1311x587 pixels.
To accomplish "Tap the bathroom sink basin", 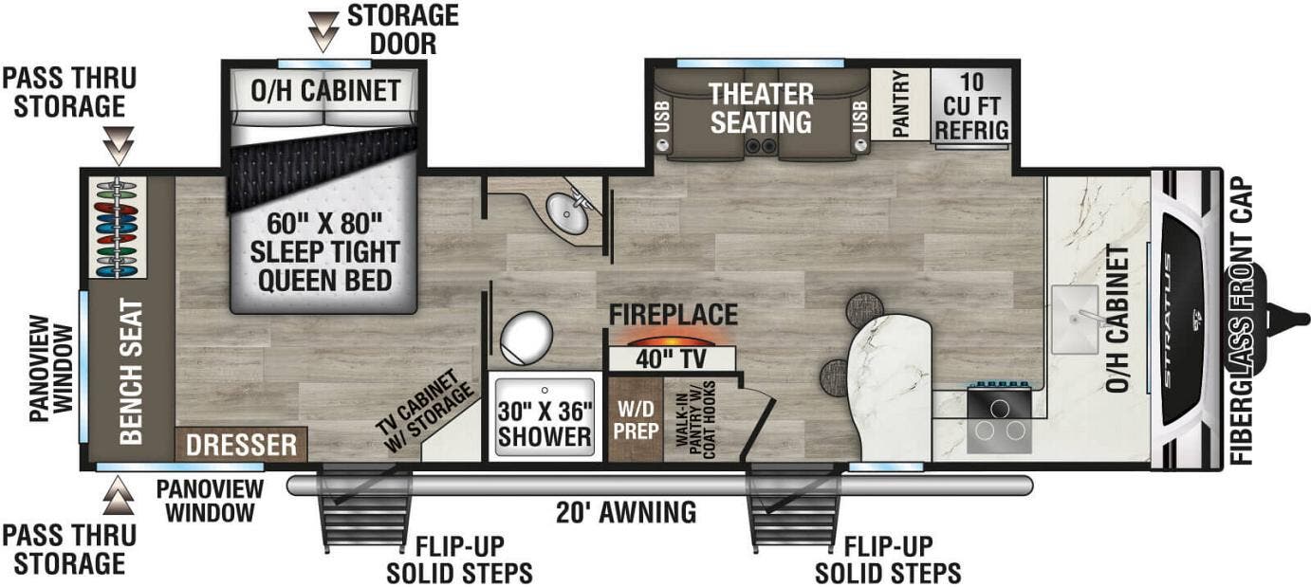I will pyautogui.click(x=572, y=216).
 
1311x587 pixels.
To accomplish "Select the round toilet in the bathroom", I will pyautogui.click(x=526, y=337).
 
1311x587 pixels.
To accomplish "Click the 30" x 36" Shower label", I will pyautogui.click(x=545, y=424).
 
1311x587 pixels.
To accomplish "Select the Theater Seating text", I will pyautogui.click(x=762, y=108).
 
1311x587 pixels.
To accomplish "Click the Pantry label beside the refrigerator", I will pyautogui.click(x=900, y=104).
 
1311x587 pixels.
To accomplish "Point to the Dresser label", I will pyautogui.click(x=241, y=445).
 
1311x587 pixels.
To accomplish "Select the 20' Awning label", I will pyautogui.click(x=627, y=513).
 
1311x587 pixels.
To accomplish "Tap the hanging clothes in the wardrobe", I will pyautogui.click(x=118, y=228).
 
